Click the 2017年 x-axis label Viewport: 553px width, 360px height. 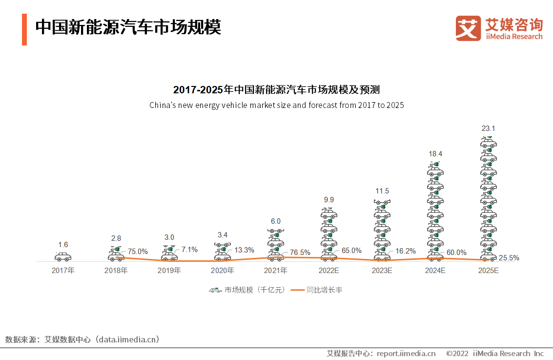pos(63,270)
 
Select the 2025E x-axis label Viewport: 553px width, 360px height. pos(489,270)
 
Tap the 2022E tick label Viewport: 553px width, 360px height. pos(329,270)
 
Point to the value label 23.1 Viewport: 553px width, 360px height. pos(489,128)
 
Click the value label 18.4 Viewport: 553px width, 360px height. pos(435,154)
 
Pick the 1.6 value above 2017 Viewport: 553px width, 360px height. pos(63,245)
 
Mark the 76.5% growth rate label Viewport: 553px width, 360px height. pos(300,253)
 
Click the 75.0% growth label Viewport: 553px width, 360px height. pos(138,252)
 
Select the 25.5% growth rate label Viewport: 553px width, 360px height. pos(509,258)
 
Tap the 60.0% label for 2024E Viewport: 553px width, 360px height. pos(456,253)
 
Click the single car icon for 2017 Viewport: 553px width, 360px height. pos(63,256)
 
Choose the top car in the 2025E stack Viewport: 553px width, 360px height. pos(489,142)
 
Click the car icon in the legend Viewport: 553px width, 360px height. pos(215,290)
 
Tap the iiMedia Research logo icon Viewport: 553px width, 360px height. pos(468,28)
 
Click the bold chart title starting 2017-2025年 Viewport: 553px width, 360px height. pos(276,90)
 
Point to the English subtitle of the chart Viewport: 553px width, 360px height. pos(276,105)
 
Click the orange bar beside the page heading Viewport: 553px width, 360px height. pos(24,29)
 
